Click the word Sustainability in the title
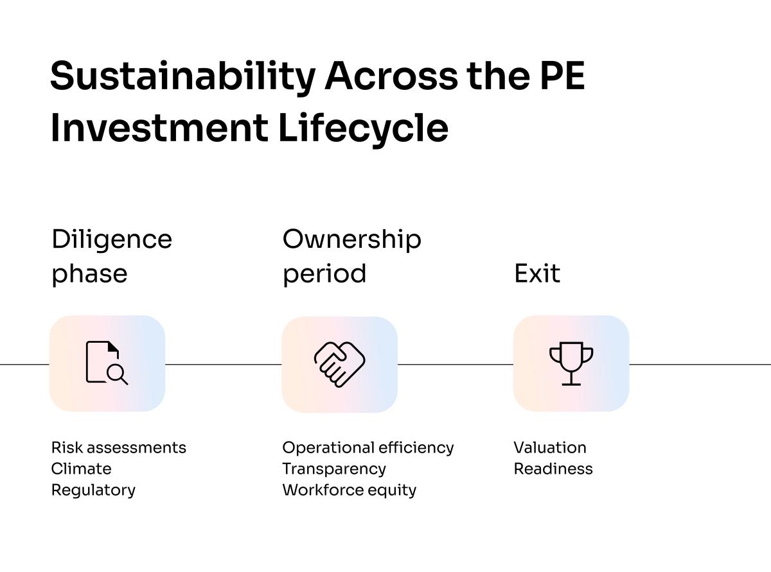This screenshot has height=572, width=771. coord(182,76)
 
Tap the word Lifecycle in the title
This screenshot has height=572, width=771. coord(363,128)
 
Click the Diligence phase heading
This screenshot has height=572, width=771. coord(112,256)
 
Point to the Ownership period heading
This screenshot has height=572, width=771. coord(351,256)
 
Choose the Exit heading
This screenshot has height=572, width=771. coord(536,273)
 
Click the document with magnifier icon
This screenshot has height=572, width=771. coord(107,363)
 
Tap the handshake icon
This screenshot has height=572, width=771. coord(339,364)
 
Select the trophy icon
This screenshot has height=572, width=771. coord(571,363)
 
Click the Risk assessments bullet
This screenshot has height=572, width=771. coord(118,447)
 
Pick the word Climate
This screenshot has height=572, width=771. coord(81,469)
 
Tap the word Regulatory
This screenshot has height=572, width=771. coord(93,490)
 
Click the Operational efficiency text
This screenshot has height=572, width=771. coord(368,447)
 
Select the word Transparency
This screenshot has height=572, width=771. coord(333,469)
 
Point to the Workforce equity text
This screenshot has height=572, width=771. coord(349,490)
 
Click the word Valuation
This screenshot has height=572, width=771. coord(549,447)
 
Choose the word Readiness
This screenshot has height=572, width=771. coord(553,469)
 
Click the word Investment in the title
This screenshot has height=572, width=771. coord(159,128)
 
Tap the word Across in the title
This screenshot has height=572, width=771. coord(390,76)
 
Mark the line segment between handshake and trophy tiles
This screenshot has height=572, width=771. coord(455,364)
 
